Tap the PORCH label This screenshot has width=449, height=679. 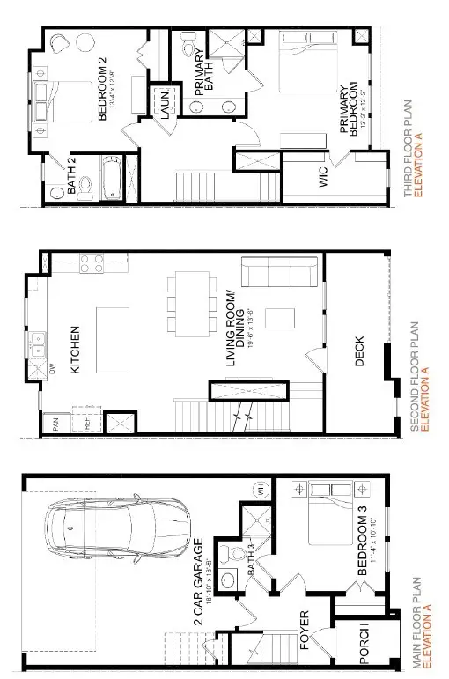point(364,644)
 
